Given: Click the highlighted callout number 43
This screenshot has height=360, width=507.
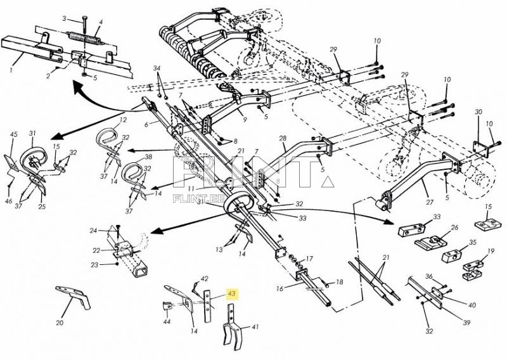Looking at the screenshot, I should click(232, 294).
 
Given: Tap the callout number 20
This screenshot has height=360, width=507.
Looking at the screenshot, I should click(60, 323).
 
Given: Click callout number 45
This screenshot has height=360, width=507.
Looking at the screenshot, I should click(14, 134).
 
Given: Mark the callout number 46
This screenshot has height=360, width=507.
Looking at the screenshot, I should click(9, 201).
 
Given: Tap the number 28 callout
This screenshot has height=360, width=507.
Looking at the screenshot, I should click(283, 138).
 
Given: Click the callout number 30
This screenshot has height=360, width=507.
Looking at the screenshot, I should click(478, 112).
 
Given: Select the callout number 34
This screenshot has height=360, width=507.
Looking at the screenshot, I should click(157, 68).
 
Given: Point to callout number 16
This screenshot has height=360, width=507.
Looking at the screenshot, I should click(280, 288).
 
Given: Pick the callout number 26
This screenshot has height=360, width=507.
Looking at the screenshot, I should click(454, 228).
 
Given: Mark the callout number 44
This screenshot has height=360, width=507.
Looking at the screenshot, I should click(167, 322).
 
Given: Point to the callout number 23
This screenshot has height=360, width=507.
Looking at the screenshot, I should click(94, 265).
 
